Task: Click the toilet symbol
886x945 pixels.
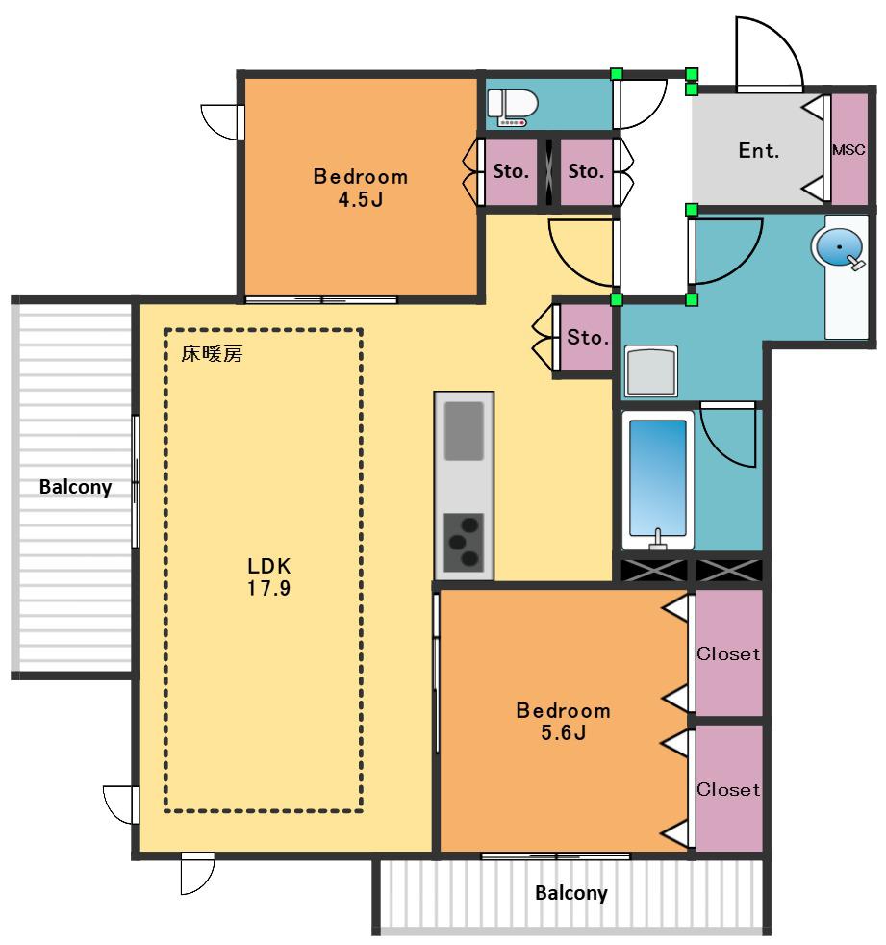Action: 512,108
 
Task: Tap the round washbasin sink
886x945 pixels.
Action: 839,246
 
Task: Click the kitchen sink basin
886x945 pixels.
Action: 464,431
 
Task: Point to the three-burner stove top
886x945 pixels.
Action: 463,543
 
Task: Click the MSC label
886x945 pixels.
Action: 848,150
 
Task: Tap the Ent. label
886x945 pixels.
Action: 758,151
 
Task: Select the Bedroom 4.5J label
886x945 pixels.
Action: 360,188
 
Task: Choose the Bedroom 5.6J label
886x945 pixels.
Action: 563,722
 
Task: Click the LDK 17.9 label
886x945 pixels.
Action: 268,576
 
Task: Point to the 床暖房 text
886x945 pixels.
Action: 212,354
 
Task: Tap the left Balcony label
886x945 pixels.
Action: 75,487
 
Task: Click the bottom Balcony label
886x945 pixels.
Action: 571,893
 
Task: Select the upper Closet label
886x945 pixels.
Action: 728,654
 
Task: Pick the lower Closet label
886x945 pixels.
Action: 728,789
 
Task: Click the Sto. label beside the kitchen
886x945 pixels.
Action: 587,337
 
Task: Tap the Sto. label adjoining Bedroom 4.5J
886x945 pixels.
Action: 511,171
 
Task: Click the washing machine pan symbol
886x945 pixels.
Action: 651,371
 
